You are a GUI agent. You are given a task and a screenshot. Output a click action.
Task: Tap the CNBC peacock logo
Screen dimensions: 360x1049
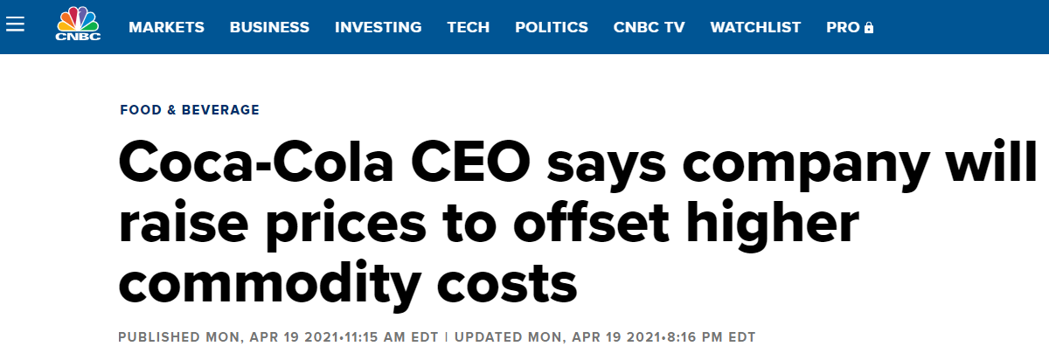coord(78,24)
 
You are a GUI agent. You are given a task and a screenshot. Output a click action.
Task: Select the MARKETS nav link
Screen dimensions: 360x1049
coord(166,27)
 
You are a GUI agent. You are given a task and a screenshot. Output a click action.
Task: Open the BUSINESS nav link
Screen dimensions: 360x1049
coord(269,27)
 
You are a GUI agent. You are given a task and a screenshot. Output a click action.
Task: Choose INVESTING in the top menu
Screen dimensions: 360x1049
coord(378,27)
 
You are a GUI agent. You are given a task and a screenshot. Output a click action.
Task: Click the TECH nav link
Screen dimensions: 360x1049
coord(468,27)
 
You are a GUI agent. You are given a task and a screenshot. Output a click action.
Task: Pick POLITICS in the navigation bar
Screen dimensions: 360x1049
coord(552,27)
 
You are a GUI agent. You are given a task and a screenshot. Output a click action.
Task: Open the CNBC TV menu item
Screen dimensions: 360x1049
coord(649,27)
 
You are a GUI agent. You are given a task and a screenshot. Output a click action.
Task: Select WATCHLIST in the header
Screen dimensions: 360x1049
coord(755,27)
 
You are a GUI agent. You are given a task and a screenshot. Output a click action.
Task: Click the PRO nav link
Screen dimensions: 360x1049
coord(843,27)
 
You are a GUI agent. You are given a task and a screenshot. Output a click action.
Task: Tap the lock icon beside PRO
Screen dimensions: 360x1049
coord(868,28)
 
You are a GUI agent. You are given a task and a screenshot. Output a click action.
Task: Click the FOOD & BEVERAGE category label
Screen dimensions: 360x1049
coord(190,110)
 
